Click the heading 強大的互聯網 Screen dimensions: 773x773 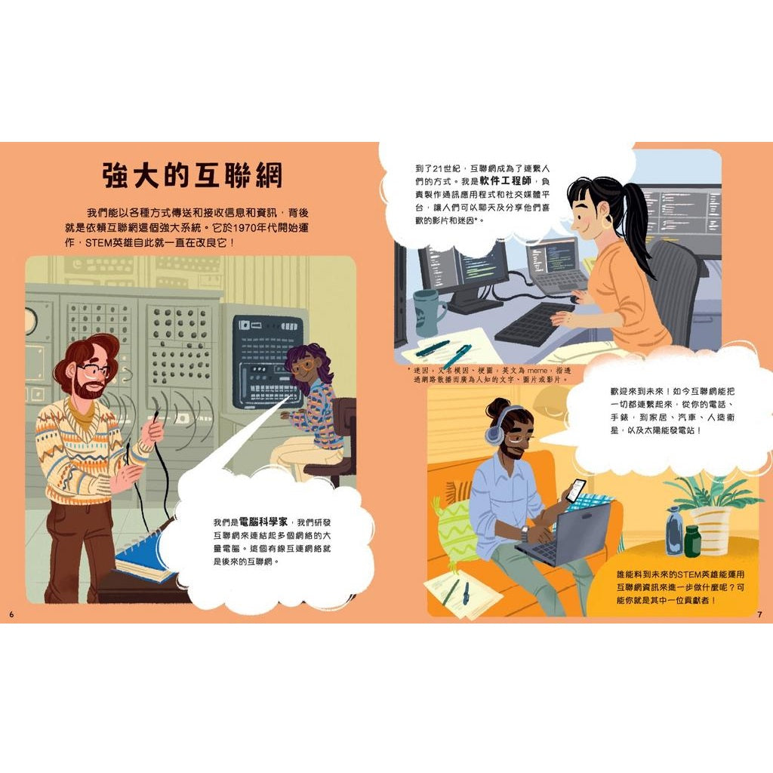[x=192, y=174]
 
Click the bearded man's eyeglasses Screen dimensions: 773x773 [x=95, y=370]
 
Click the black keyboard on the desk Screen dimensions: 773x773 [x=532, y=322]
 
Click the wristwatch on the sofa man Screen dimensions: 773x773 [x=524, y=534]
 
